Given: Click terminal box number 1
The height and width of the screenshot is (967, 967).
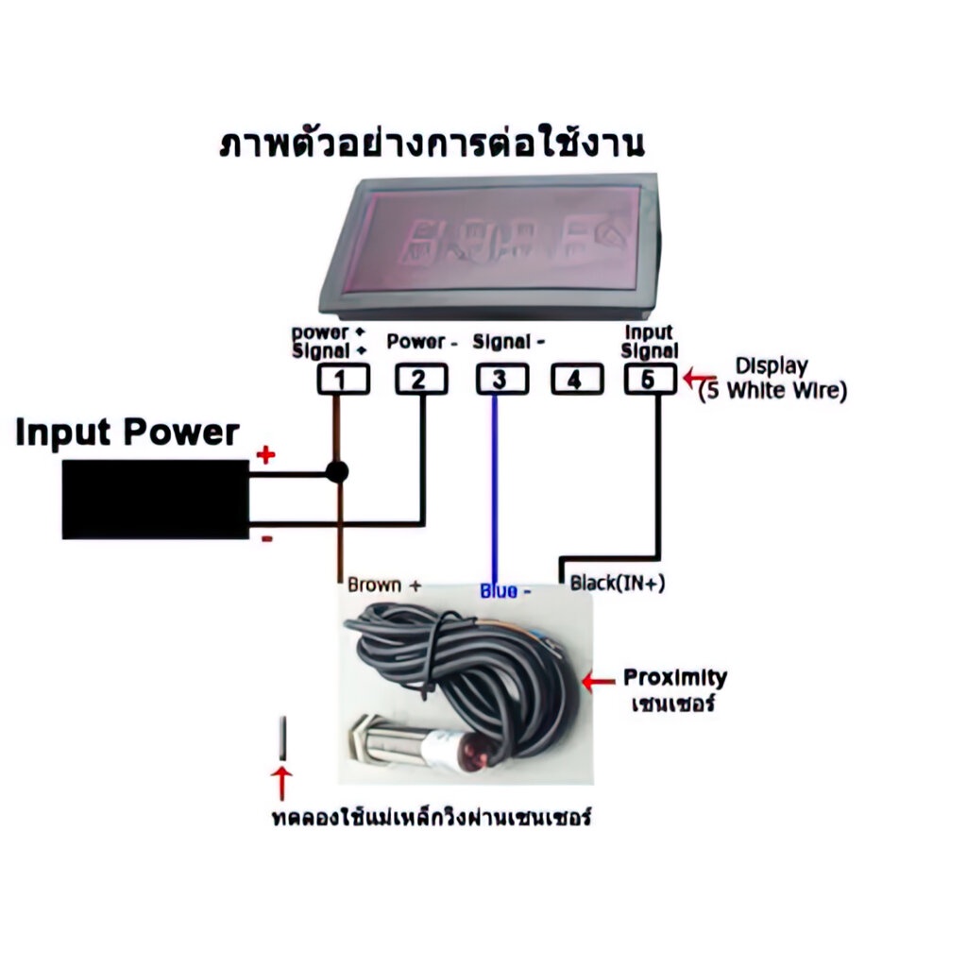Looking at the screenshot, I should point(342,380).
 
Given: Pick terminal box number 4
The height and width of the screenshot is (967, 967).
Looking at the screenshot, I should point(578,380).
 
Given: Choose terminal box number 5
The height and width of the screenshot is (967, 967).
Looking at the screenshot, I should point(650,380).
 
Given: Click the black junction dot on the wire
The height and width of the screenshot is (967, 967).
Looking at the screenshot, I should point(337,471).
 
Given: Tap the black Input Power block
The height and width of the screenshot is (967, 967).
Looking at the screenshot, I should point(155,499).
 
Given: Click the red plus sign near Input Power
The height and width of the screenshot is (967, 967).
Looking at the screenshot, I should point(266,456).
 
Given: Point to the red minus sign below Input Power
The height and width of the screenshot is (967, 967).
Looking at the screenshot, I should point(266,538).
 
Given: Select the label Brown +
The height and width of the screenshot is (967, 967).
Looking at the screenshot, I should point(383,585).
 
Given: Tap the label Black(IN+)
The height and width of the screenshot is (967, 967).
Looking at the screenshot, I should point(618,585).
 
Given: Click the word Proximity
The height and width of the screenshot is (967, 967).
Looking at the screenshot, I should point(674,678).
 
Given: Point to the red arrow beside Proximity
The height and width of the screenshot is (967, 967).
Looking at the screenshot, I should point(598,680).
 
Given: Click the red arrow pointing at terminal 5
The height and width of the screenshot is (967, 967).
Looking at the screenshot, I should point(697,380).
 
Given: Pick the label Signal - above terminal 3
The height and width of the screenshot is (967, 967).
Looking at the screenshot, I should point(509,342).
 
